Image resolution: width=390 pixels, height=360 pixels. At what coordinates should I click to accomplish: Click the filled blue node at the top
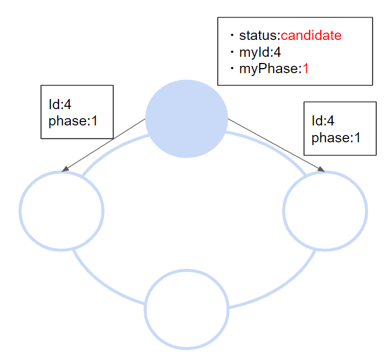click(x=187, y=119)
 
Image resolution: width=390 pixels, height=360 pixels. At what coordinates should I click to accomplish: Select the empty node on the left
click(x=62, y=210)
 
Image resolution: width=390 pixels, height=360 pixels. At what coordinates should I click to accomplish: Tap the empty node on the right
click(x=325, y=210)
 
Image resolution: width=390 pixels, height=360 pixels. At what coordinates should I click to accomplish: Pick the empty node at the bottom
click(x=187, y=309)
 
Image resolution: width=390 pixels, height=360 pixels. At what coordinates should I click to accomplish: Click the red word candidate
click(x=311, y=35)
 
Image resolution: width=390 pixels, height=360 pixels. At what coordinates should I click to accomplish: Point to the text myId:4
click(x=260, y=52)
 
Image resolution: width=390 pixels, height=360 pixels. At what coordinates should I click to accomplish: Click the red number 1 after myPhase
click(x=306, y=69)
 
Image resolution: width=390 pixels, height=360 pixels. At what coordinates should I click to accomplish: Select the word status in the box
click(x=257, y=35)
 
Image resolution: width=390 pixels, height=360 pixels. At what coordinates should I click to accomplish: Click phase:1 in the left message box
click(x=72, y=120)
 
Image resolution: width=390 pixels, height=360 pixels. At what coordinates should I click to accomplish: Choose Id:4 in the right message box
click(x=323, y=121)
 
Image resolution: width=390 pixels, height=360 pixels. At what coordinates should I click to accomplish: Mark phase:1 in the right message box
click(x=335, y=138)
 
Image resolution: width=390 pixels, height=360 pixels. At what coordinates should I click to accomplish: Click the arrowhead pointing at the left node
click(x=65, y=168)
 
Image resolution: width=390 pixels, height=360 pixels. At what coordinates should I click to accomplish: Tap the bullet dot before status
click(x=231, y=35)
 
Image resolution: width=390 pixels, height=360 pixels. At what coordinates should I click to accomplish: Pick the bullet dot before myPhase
click(x=231, y=69)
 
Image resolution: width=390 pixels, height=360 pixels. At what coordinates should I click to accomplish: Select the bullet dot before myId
click(x=231, y=52)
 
